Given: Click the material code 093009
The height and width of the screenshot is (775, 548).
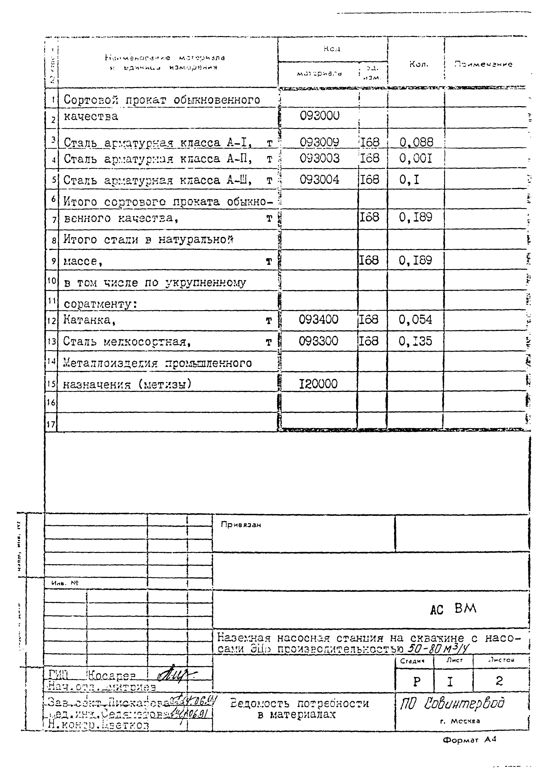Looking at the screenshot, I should [x=319, y=142].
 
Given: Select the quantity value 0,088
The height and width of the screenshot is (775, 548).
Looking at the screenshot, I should [x=416, y=142].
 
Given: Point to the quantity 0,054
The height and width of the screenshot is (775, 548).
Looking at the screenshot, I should [x=415, y=319].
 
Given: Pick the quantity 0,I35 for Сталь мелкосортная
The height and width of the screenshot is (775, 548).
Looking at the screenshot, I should [x=415, y=341].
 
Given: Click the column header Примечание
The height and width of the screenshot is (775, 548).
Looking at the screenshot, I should [x=483, y=64].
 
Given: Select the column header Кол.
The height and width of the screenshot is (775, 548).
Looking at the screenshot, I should [x=419, y=64].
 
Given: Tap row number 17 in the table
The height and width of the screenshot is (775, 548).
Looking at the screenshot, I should [x=51, y=424].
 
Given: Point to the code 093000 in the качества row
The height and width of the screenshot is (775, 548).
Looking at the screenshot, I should [x=319, y=116].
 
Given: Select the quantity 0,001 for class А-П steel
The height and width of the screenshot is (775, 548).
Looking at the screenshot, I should [x=415, y=158].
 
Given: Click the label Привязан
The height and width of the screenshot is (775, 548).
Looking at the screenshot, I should [x=241, y=525].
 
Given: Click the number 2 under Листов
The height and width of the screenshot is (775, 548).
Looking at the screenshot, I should [x=499, y=681].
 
